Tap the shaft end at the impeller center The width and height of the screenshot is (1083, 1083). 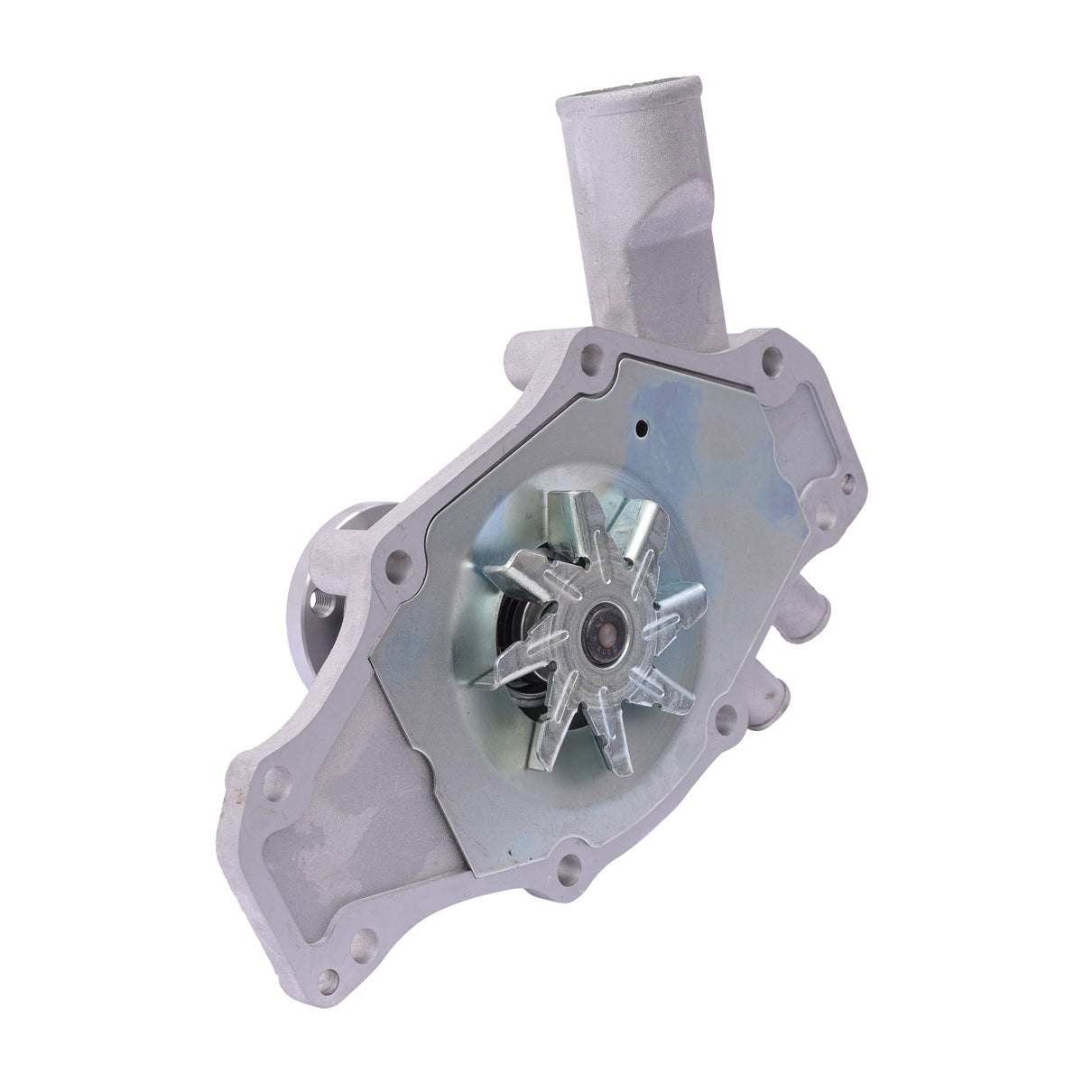598,627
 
